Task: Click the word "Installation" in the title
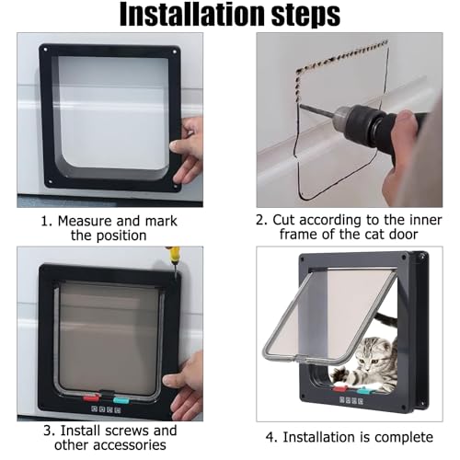click(x=192, y=15)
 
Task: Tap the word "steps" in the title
click(x=305, y=16)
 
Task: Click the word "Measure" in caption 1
click(x=85, y=221)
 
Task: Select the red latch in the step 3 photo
click(x=91, y=398)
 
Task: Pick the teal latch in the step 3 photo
click(x=122, y=399)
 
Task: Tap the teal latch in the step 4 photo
click(x=363, y=391)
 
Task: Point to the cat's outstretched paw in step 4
click(x=339, y=374)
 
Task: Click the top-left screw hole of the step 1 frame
click(x=46, y=50)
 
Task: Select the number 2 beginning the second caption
click(x=261, y=221)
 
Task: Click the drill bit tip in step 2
click(x=301, y=106)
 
